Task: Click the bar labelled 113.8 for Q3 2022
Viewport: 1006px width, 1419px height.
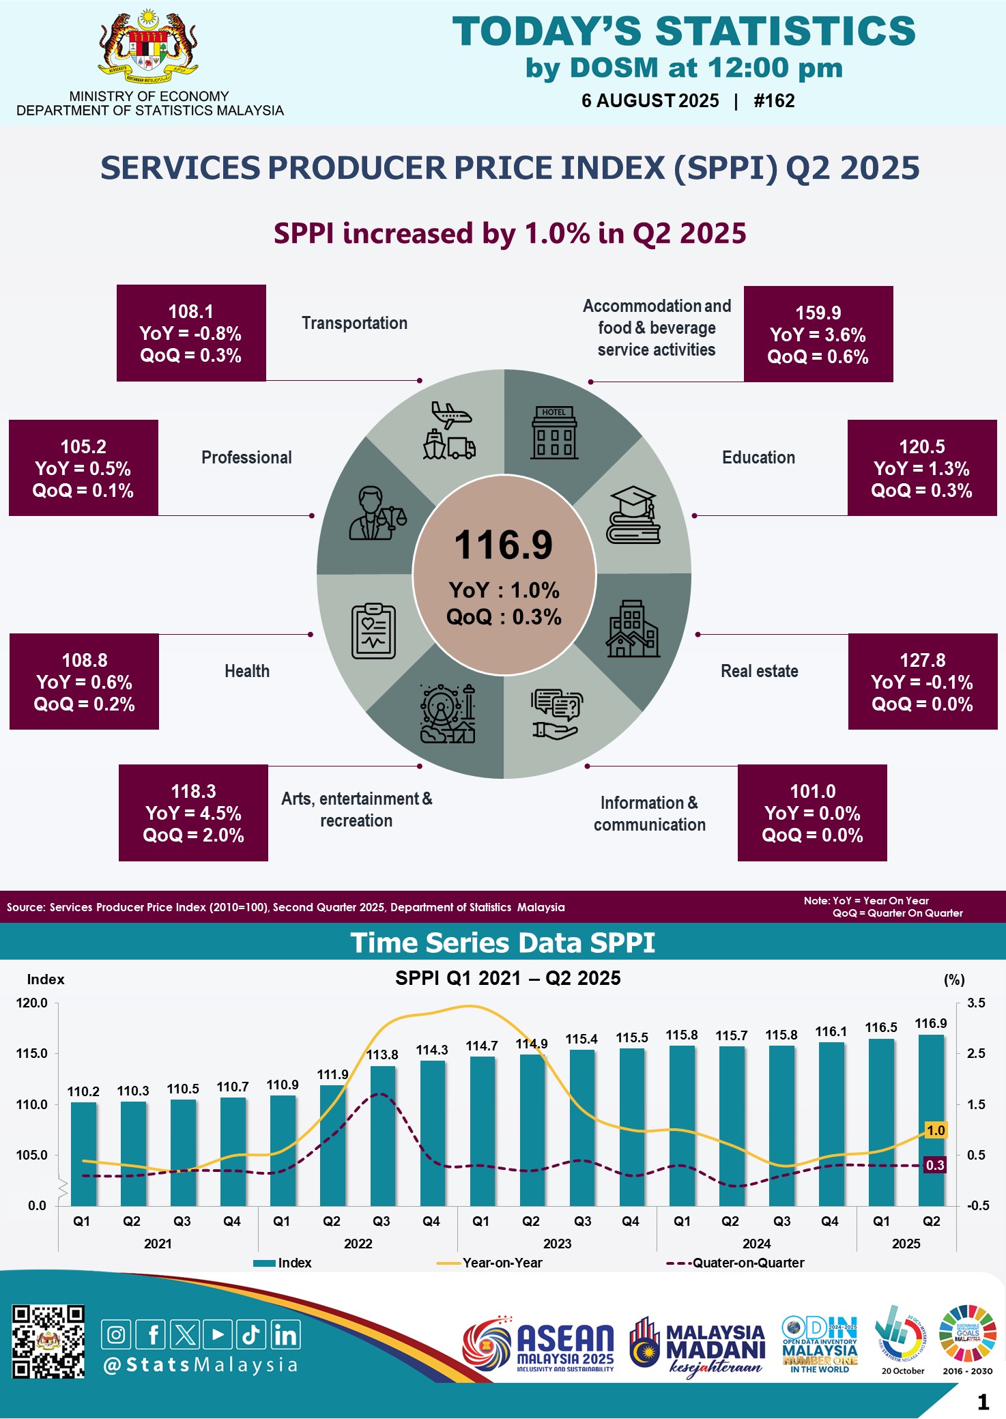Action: [382, 1136]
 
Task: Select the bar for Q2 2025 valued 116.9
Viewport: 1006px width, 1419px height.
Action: [931, 1119]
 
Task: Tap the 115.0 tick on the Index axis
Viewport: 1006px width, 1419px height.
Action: [32, 1053]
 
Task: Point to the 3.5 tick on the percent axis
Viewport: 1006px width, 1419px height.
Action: [976, 1003]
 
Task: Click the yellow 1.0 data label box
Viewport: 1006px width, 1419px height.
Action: [935, 1130]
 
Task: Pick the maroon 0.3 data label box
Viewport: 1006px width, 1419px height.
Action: [934, 1165]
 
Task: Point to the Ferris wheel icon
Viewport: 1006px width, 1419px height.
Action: [447, 714]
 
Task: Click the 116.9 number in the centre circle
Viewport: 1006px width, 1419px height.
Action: [504, 545]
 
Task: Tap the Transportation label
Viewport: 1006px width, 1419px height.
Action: [354, 323]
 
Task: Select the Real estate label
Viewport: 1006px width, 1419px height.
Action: [759, 671]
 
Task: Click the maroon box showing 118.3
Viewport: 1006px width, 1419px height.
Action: [193, 812]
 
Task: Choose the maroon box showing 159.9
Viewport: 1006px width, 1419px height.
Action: [818, 334]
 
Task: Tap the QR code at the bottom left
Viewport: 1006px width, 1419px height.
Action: [48, 1342]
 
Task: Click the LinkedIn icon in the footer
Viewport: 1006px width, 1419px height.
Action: [285, 1334]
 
